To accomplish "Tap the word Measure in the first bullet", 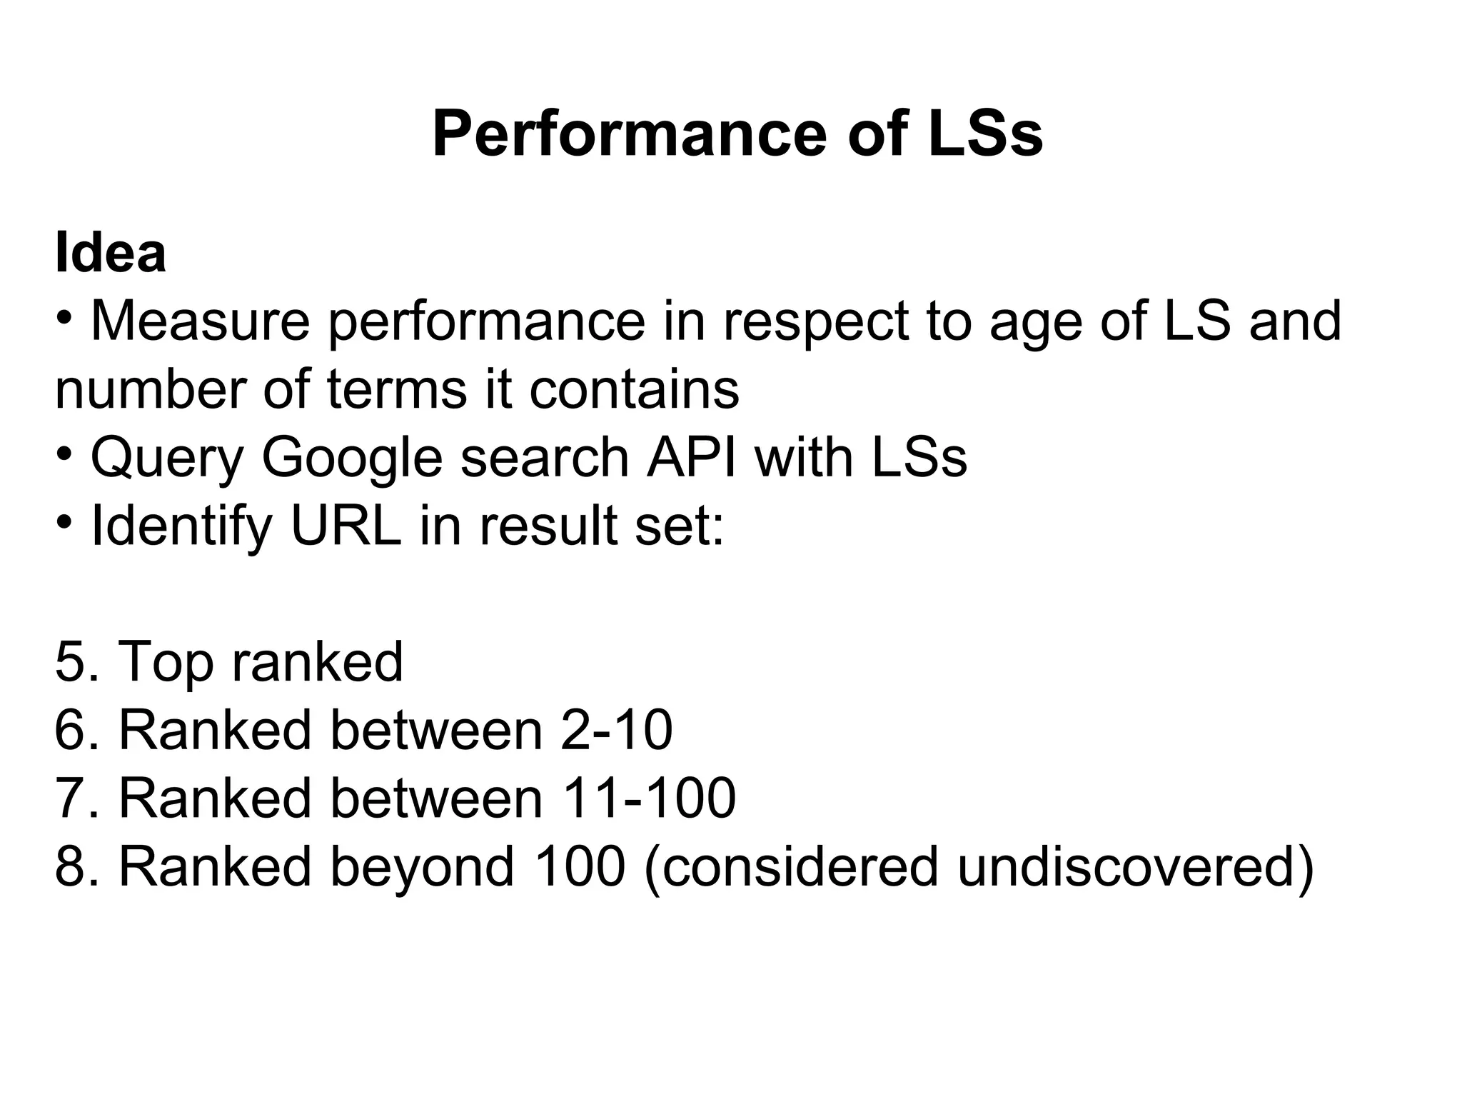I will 201,321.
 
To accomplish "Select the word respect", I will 815,321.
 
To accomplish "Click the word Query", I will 167,458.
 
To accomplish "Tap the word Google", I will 353,458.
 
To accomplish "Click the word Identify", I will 181,526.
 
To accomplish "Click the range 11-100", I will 649,798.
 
